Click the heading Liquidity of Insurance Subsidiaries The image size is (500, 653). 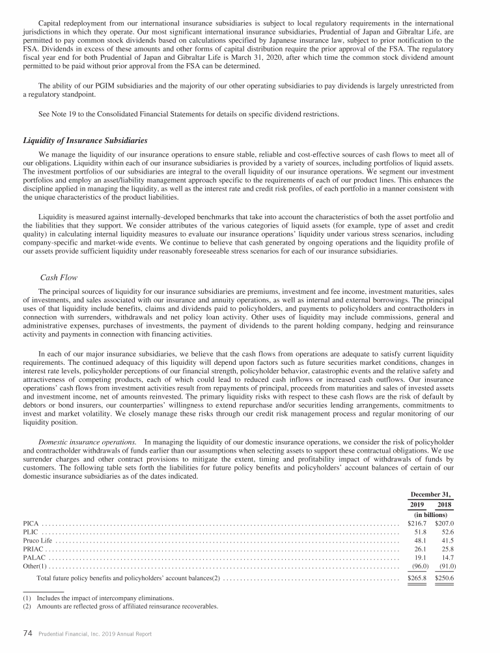pyautogui.click(x=85, y=140)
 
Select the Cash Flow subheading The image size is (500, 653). pyautogui.click(x=59, y=277)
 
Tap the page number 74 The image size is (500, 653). pyautogui.click(x=28, y=633)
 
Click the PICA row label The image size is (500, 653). pyautogui.click(x=31, y=522)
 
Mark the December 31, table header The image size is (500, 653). pyautogui.click(x=432, y=494)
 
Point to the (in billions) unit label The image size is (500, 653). pyautogui.click(x=432, y=513)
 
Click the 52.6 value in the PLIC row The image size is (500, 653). pyautogui.click(x=447, y=531)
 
